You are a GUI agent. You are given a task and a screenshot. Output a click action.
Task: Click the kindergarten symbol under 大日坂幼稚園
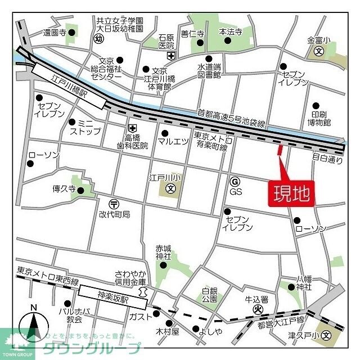coord(99,38)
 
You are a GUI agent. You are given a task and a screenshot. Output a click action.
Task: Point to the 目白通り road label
coord(327,159)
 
